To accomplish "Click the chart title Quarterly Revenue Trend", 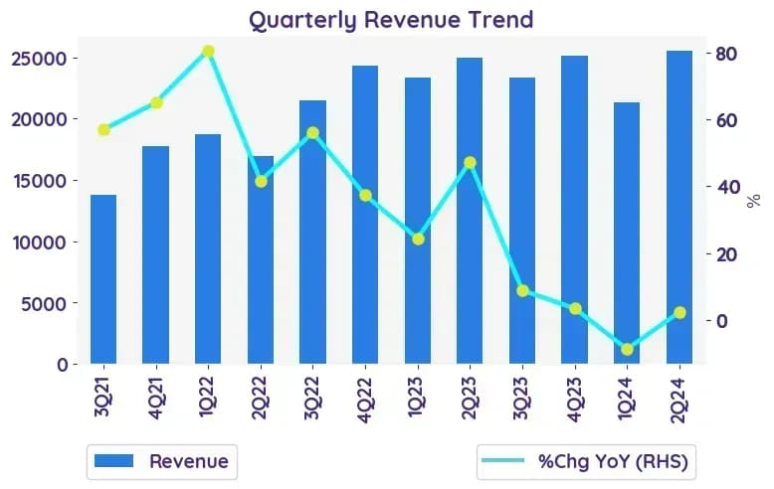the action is click(x=391, y=20).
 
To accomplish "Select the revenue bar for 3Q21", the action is click(x=103, y=279).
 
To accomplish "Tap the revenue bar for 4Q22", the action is click(x=365, y=215).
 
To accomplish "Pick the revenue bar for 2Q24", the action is click(x=679, y=207).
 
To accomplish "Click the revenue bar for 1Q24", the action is click(x=627, y=234).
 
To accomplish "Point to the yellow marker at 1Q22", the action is click(x=208, y=52).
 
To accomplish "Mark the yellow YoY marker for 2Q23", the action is click(x=470, y=163).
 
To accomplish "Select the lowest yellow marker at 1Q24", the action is click(x=627, y=350).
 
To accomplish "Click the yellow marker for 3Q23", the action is click(x=522, y=291).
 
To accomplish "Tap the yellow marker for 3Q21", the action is click(x=103, y=130).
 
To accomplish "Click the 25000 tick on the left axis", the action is click(x=39, y=59).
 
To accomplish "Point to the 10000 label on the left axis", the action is click(x=39, y=243).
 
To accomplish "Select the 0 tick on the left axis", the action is click(x=63, y=366).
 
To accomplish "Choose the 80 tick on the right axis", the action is click(x=728, y=54).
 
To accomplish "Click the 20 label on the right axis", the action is click(x=728, y=254).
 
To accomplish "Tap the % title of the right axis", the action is click(x=754, y=201).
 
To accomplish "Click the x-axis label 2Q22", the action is click(x=260, y=398).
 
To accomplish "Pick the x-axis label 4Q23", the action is click(x=575, y=399).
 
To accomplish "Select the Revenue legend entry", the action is click(x=161, y=462).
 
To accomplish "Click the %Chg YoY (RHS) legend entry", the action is click(x=585, y=462).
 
